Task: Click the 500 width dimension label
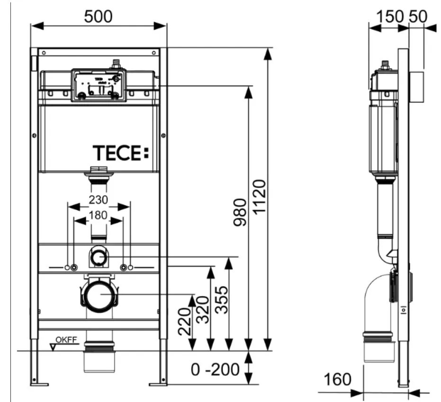point(99,16)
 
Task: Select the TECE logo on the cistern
point(120,153)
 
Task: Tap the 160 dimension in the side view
point(337,379)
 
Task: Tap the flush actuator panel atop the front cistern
point(99,85)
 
